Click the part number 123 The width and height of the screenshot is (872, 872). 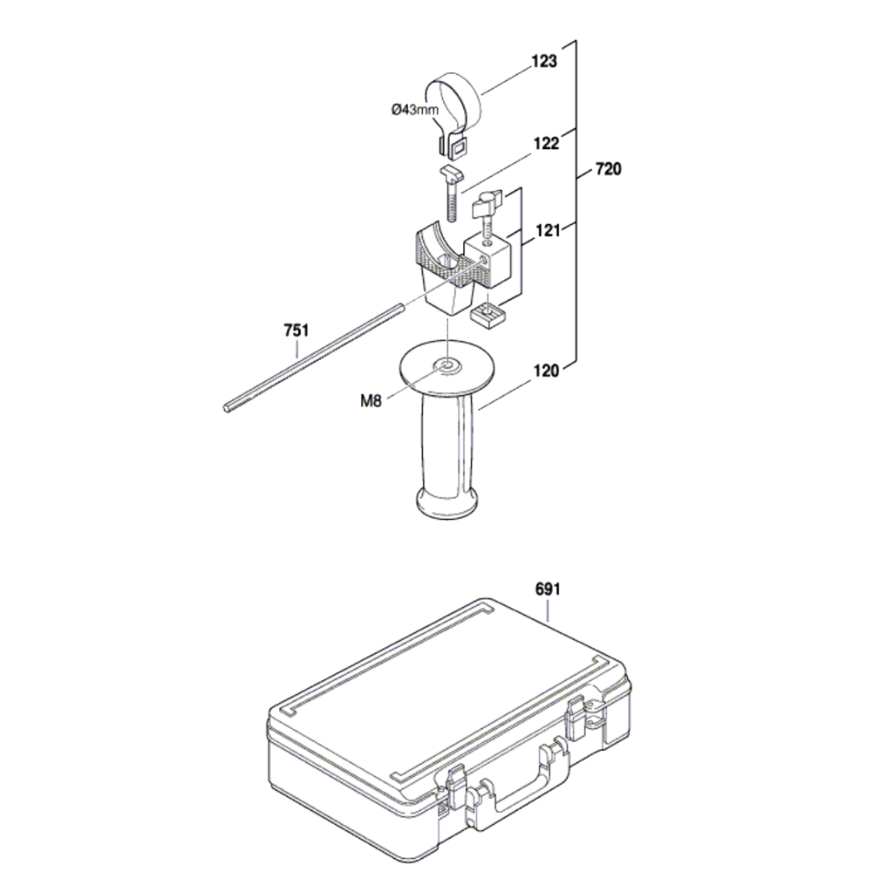pyautogui.click(x=543, y=63)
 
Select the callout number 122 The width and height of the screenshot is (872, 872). pyautogui.click(x=547, y=145)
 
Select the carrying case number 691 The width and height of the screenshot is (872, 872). pyautogui.click(x=548, y=590)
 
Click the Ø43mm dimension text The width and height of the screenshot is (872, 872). pyautogui.click(x=415, y=109)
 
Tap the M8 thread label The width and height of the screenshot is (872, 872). pyautogui.click(x=372, y=402)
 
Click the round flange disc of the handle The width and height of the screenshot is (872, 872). pyautogui.click(x=448, y=366)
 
